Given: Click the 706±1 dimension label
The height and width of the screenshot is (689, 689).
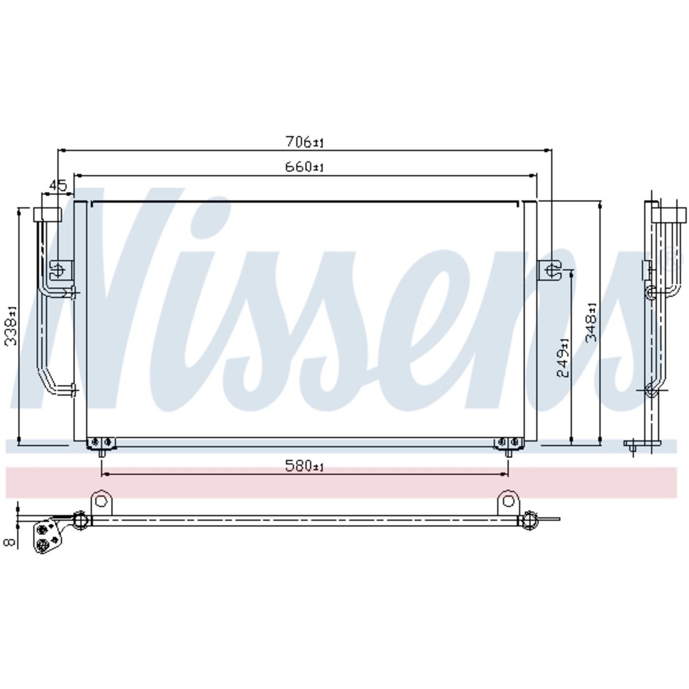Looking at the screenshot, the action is [x=304, y=142].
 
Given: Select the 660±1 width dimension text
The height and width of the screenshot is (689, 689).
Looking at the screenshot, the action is [x=304, y=167].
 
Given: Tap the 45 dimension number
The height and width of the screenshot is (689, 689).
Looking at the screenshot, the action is [x=58, y=185].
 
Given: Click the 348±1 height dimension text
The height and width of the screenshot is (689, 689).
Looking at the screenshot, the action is [x=592, y=323].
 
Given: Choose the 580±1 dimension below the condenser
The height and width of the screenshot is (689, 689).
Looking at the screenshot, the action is [x=304, y=466].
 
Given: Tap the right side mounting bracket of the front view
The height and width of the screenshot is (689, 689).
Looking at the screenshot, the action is [x=549, y=270].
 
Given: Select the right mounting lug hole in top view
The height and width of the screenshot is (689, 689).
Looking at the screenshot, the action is [x=508, y=501].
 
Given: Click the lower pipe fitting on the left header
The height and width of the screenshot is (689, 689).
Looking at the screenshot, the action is [x=68, y=390].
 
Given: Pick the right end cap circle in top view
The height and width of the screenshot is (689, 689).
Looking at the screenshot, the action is [x=528, y=521].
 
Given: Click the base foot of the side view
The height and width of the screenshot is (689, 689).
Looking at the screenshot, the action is [x=642, y=443].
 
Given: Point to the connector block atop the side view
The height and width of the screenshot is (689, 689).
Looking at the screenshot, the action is [x=669, y=215].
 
